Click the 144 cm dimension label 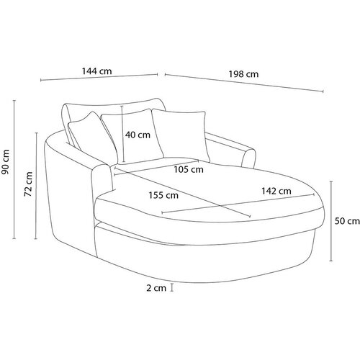pyautogui.click(x=96, y=71)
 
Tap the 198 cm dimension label pyautogui.click(x=243, y=74)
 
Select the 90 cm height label pyautogui.click(x=5, y=162)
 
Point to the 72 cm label pyautogui.click(x=28, y=184)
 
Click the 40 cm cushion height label pyautogui.click(x=138, y=135)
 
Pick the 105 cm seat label pyautogui.click(x=189, y=169)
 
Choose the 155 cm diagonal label pyautogui.click(x=163, y=195)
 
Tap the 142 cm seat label pyautogui.click(x=276, y=191)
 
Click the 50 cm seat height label pyautogui.click(x=347, y=221)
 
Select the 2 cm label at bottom pyautogui.click(x=156, y=288)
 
